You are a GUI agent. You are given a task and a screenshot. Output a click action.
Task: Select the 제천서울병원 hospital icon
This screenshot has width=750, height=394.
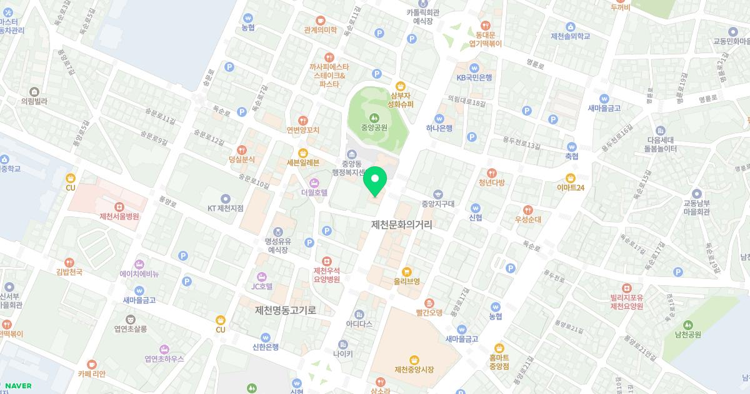click(x=119, y=206)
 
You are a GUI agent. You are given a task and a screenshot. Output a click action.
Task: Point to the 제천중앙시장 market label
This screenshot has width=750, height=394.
click(x=414, y=370)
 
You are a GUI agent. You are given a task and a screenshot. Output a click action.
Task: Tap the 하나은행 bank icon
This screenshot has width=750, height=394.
click(x=439, y=118)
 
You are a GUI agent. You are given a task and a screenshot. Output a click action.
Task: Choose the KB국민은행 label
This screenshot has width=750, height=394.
click(x=474, y=78)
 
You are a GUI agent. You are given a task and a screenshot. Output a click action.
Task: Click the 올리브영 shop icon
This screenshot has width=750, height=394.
click(x=406, y=271)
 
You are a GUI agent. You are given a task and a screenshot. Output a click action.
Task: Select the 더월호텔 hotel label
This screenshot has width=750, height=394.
click(x=314, y=193)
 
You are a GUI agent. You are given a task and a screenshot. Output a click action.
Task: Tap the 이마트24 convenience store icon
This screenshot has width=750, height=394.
click(x=570, y=177)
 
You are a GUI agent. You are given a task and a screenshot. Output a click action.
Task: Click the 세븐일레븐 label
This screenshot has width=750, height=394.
click(x=303, y=163)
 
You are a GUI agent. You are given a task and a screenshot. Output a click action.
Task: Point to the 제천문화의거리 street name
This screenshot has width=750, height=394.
click(x=402, y=225)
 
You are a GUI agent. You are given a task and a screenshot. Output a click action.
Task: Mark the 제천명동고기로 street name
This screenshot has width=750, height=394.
click(x=285, y=310)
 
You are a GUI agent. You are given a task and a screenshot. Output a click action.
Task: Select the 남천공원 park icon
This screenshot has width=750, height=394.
click(x=687, y=325)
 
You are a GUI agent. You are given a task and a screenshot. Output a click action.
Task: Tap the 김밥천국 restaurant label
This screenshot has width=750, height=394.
click(x=69, y=272)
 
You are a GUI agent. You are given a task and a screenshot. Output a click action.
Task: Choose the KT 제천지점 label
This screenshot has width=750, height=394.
click(x=226, y=208)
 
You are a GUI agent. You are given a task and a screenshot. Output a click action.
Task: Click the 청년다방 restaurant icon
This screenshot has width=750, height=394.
click(x=491, y=173)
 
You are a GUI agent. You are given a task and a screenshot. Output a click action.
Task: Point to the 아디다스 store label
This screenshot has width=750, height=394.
click(x=359, y=324)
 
